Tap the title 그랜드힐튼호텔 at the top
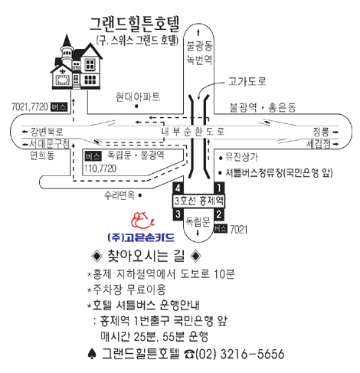(135, 25)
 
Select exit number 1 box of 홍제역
(219, 188)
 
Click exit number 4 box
(178, 188)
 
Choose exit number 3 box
(178, 214)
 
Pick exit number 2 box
(219, 214)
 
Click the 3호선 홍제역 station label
(198, 201)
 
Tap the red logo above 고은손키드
(142, 221)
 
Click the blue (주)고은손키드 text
(141, 237)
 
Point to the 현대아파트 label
(138, 97)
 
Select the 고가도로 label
(247, 81)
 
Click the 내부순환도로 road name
(193, 132)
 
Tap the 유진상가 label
(241, 157)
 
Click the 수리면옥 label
(119, 195)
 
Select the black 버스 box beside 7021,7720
(59, 106)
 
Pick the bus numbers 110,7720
(100, 169)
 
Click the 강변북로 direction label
(47, 132)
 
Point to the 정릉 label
(321, 132)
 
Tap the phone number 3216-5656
(252, 354)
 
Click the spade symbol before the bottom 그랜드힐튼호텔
(92, 354)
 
